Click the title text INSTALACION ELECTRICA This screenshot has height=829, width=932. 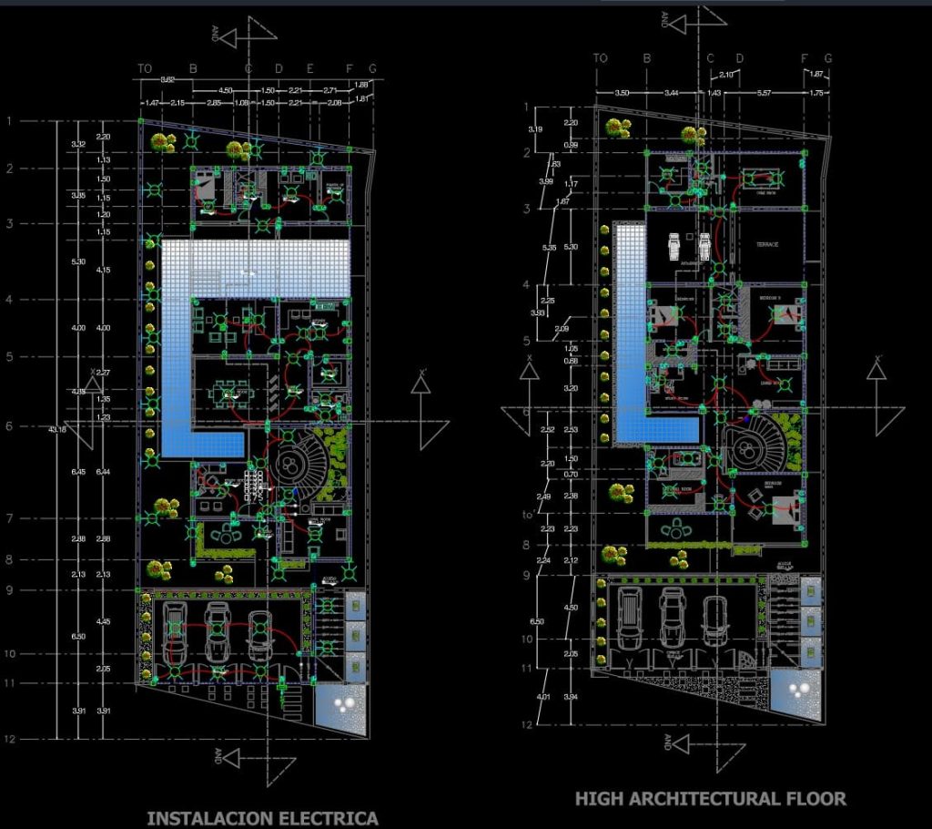pos(262,818)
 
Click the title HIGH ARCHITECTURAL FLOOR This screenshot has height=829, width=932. pos(711,800)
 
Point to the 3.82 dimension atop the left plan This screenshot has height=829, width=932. pos(167,81)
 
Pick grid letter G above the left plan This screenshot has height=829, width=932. pos(371,68)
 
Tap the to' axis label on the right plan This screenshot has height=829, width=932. pos(525,517)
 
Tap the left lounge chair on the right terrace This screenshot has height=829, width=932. pos(674,245)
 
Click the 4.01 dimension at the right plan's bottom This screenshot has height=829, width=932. pos(544,698)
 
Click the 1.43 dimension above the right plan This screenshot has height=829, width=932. pos(714,94)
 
